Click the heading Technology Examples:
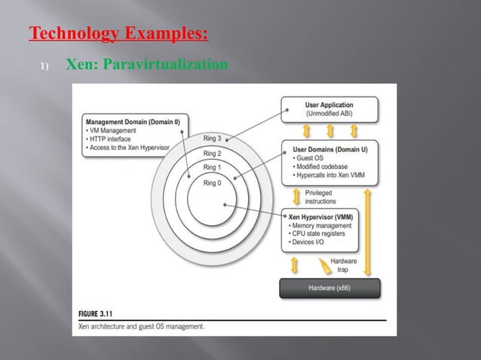(118, 35)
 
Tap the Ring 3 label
(213, 139)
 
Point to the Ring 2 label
(213, 153)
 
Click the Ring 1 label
(213, 167)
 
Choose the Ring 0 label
(213, 182)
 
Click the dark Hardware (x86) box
(329, 288)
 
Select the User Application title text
(329, 105)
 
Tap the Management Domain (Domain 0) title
(133, 121)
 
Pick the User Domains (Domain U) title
(329, 149)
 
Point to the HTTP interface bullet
(111, 139)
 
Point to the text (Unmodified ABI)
(329, 114)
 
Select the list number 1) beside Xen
(44, 68)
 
